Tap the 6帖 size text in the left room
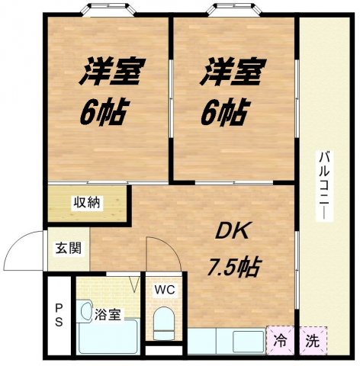pyautogui.click(x=102, y=114)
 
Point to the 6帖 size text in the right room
pyautogui.click(x=223, y=114)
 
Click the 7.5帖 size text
pyautogui.click(x=234, y=267)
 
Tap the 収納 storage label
pyautogui.click(x=86, y=203)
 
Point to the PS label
pyautogui.click(x=58, y=314)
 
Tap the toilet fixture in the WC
pyautogui.click(x=163, y=323)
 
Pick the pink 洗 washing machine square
pyautogui.click(x=312, y=339)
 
